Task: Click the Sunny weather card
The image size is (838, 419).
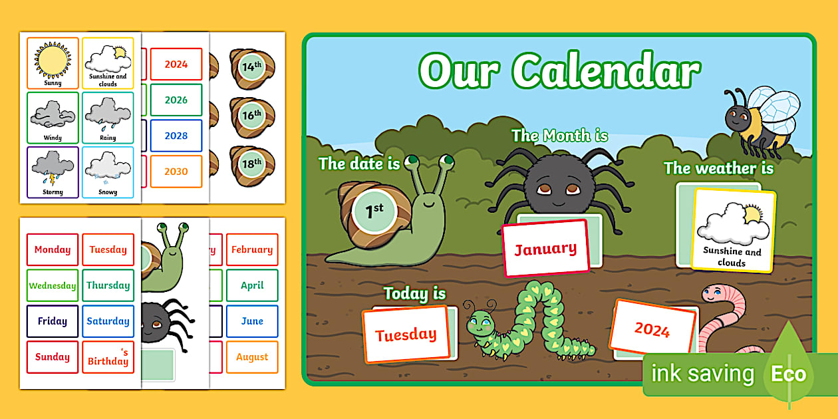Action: tap(53, 63)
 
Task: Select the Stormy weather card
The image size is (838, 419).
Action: tap(53, 172)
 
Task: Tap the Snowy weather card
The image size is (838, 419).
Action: tap(108, 172)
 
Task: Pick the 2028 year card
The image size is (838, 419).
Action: tap(176, 136)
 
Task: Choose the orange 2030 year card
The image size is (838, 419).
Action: tap(176, 172)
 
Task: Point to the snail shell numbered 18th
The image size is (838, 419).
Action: tap(252, 166)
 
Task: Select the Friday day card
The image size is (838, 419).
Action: tap(53, 321)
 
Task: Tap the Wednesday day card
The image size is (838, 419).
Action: tap(53, 285)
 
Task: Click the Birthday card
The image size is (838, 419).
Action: tap(108, 357)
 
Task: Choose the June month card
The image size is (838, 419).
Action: tap(252, 321)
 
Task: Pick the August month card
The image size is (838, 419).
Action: tap(252, 357)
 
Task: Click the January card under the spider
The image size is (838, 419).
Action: tap(546, 249)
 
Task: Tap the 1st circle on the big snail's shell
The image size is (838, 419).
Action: tap(374, 211)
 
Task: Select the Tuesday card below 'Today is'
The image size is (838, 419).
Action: tap(406, 335)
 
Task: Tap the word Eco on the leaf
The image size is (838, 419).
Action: tap(788, 374)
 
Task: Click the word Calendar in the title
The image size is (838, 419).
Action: tap(606, 71)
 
